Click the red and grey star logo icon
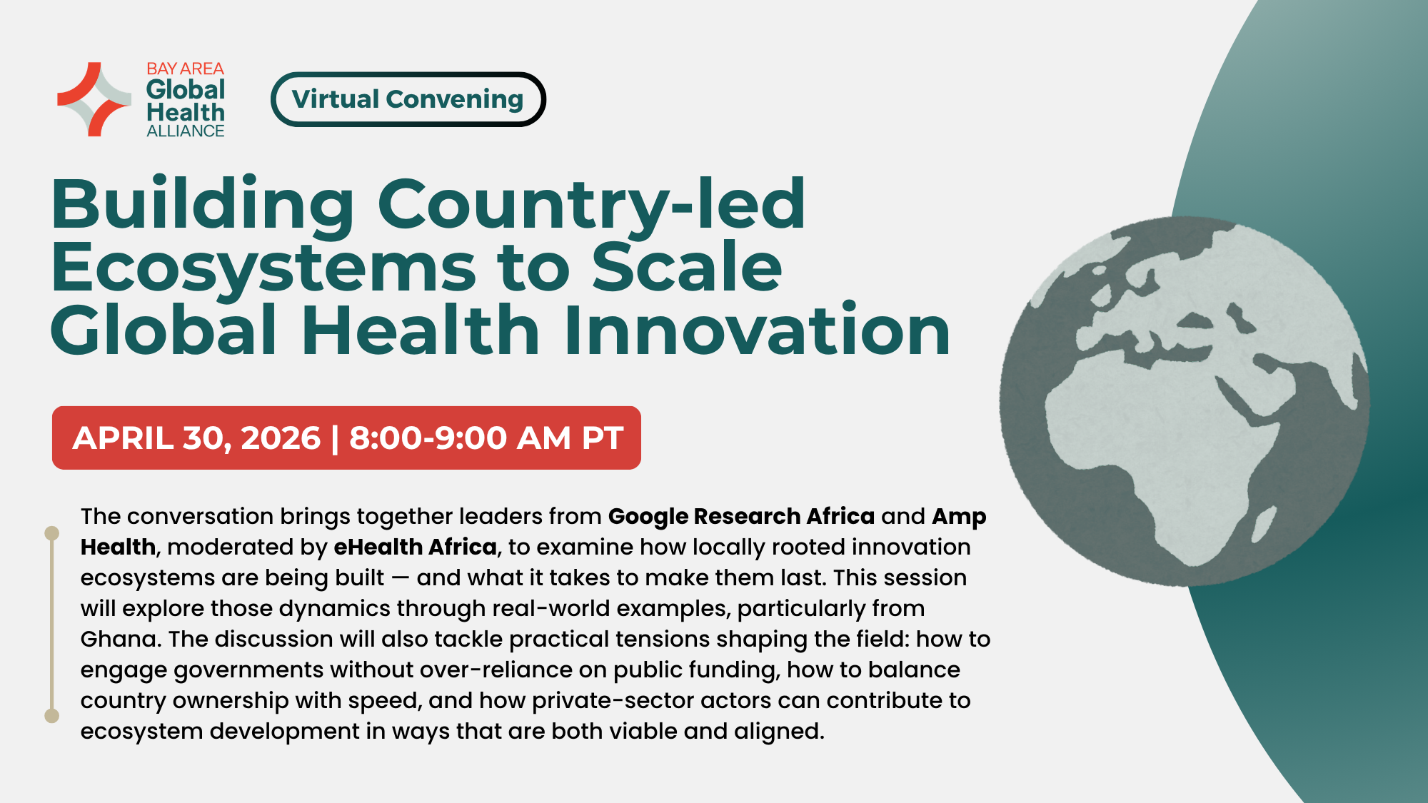94,99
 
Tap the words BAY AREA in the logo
185,69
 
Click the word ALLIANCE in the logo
185,131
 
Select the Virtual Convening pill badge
408,99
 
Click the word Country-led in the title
591,205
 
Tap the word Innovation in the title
757,330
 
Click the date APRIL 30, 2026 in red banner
196,438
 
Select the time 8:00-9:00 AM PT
486,438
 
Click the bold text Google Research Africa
741,516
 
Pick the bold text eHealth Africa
415,547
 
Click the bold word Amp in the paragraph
959,516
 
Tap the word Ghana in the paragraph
118,639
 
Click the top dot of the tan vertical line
51,533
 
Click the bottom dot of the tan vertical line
51,716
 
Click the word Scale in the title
687,268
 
